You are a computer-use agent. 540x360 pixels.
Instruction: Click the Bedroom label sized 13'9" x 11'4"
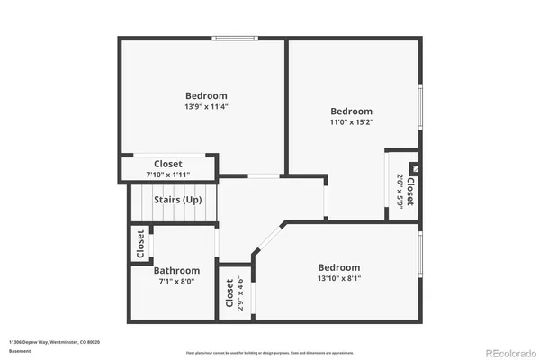click(206, 95)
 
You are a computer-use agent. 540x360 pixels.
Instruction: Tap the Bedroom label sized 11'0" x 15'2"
click(351, 111)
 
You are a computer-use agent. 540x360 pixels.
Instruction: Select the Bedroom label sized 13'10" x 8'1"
click(339, 267)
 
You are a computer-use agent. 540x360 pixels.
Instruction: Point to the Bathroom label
click(176, 270)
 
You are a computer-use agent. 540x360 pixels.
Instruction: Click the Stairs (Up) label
click(177, 199)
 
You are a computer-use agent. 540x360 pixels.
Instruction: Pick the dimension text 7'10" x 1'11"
click(168, 175)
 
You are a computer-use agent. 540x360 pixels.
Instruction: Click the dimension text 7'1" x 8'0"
click(176, 282)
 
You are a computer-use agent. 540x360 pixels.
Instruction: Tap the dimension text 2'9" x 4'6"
click(240, 292)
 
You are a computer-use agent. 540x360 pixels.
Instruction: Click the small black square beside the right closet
click(414, 167)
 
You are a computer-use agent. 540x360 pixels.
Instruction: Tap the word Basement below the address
click(19, 350)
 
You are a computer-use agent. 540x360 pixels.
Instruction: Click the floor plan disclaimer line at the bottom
click(270, 352)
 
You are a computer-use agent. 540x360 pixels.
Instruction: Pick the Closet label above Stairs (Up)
click(168, 164)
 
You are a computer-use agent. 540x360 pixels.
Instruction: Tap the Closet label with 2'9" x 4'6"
click(229, 292)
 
